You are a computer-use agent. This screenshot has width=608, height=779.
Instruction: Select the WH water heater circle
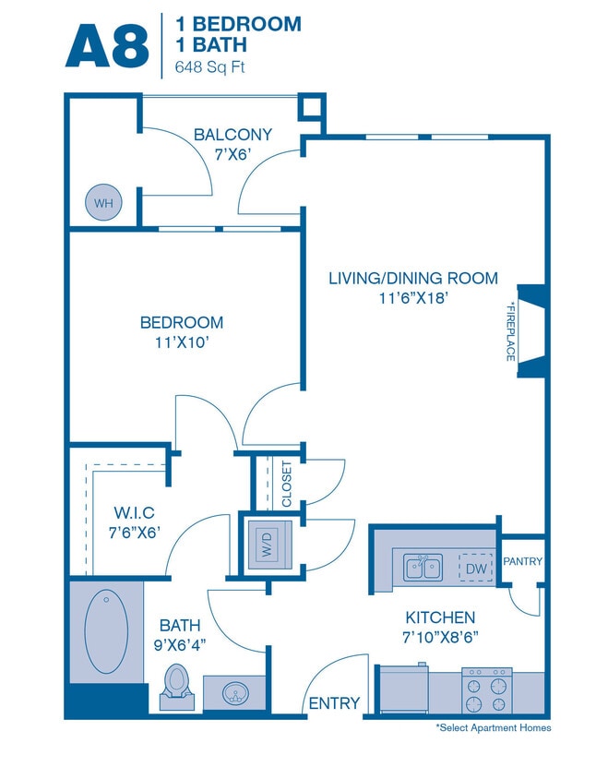[x=102, y=202]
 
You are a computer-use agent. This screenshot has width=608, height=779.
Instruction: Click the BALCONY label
[x=232, y=135]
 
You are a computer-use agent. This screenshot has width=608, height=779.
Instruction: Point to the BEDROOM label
[x=182, y=322]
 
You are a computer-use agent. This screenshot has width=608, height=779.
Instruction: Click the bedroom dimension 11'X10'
[x=182, y=342]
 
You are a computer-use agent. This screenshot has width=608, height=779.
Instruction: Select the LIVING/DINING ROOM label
[x=413, y=278]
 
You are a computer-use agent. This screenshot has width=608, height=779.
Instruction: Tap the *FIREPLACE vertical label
[x=510, y=330]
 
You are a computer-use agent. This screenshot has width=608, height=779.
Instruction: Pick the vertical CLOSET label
[x=286, y=484]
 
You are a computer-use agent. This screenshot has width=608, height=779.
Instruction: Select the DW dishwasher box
[x=476, y=569]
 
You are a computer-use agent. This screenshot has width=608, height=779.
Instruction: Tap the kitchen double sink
[x=422, y=566]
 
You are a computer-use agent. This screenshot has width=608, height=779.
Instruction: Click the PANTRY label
[x=523, y=561]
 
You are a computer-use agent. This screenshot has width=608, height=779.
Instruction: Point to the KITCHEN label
[x=440, y=617]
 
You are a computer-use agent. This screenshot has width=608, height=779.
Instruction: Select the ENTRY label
[x=334, y=702]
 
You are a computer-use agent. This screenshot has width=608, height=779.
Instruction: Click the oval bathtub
[x=105, y=633]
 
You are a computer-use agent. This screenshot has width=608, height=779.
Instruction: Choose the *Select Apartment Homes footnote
[x=493, y=728]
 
